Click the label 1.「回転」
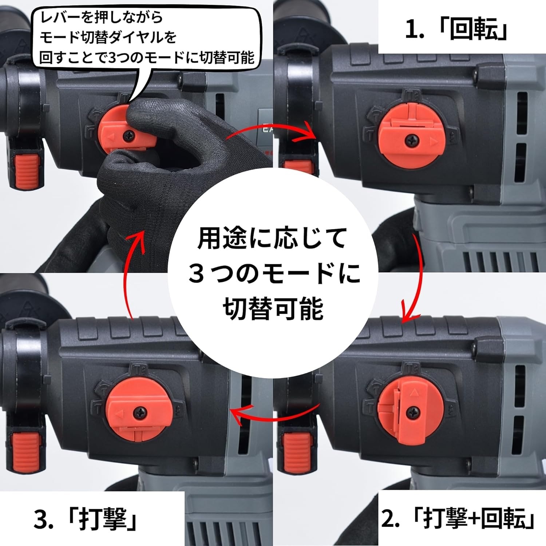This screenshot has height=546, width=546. point(456,29)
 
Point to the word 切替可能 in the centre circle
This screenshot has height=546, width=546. point(273,309)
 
